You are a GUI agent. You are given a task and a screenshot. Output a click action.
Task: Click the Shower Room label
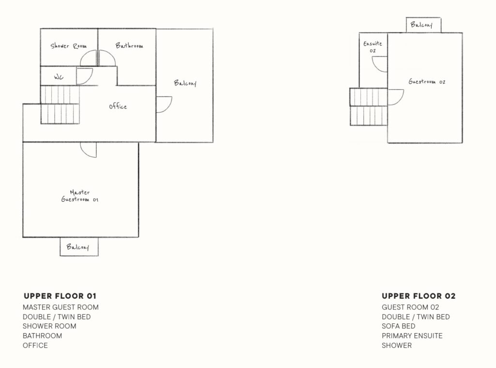[68, 46]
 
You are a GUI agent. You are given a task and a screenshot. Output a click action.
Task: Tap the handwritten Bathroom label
[129, 45]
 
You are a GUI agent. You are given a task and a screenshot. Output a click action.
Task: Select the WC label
[59, 77]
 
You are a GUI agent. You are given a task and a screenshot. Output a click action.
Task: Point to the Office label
[118, 106]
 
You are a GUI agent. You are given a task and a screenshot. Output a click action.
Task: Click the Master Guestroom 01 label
[80, 195]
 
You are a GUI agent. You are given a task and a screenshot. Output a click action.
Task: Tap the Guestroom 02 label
[427, 82]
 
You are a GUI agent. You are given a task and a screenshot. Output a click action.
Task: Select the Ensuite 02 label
[372, 47]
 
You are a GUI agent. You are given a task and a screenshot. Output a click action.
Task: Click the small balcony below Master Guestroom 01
[79, 247]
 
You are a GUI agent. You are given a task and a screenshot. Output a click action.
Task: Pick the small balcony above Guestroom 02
[423, 25]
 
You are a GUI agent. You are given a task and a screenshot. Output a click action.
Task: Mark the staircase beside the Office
[60, 104]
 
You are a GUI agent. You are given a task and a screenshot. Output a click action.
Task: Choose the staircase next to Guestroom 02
[369, 107]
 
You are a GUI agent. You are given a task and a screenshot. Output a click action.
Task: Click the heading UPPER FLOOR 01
[60, 296]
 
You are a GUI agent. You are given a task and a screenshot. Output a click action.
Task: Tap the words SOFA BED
[398, 326]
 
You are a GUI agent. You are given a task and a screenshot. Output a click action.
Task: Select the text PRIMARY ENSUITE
[412, 336]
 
